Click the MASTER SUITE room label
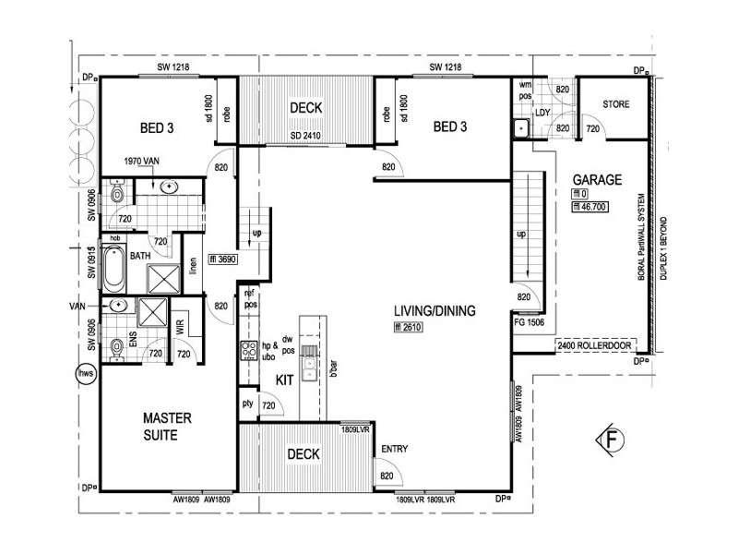(x=167, y=427)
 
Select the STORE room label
(x=616, y=104)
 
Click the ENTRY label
(x=394, y=449)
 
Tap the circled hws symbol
(x=85, y=374)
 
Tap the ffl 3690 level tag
(x=224, y=260)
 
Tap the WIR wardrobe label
(x=182, y=327)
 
